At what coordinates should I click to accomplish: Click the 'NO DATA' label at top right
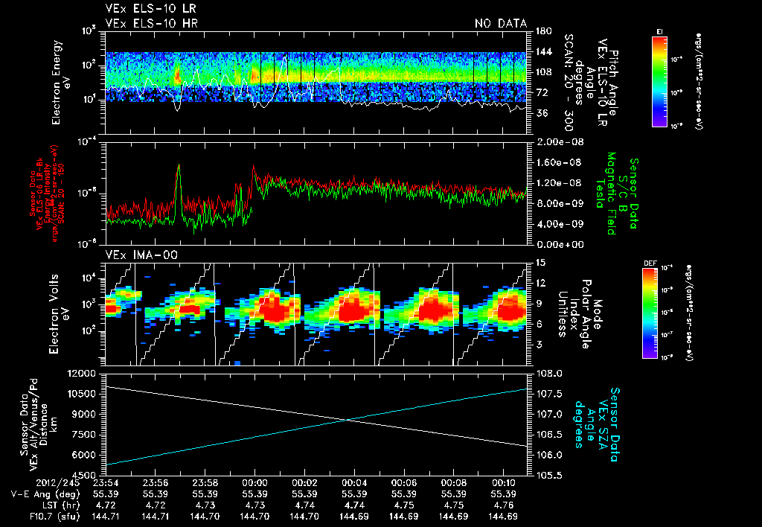click(501, 24)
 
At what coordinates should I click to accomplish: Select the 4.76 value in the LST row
click(503, 505)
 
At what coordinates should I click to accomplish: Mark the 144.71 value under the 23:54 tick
click(106, 516)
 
